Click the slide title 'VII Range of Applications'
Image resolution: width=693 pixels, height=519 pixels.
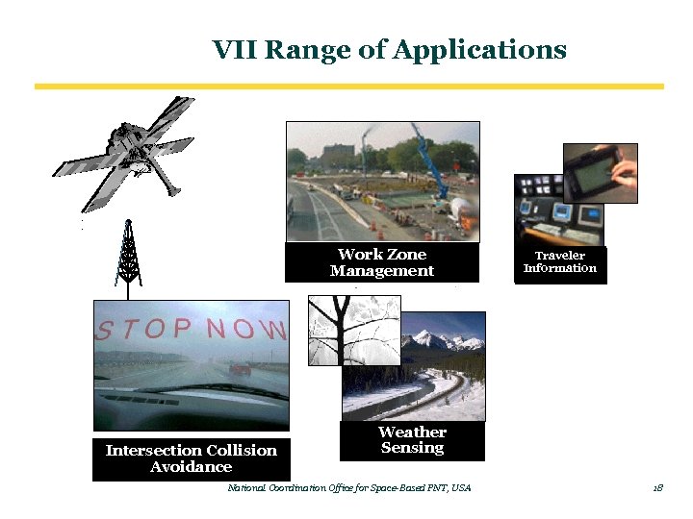point(389,49)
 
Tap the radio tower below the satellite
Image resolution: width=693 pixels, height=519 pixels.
point(127,252)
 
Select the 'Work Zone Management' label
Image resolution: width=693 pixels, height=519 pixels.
point(381,262)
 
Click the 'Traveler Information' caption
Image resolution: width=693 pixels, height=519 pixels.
point(560,262)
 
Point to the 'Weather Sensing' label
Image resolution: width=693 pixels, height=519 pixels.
point(412,440)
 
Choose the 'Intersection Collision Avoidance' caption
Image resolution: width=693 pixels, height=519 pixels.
point(191,458)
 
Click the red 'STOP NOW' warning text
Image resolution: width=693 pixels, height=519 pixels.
point(191,332)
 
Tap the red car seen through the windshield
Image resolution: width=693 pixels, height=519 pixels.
point(240,368)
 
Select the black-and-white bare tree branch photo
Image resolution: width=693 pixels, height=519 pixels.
point(352,331)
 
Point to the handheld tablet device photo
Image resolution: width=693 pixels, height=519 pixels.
point(600,172)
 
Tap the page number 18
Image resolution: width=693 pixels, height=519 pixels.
point(657,488)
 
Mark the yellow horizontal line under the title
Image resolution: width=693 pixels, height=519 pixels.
point(348,86)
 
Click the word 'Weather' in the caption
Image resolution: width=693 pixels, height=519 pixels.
point(412,432)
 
